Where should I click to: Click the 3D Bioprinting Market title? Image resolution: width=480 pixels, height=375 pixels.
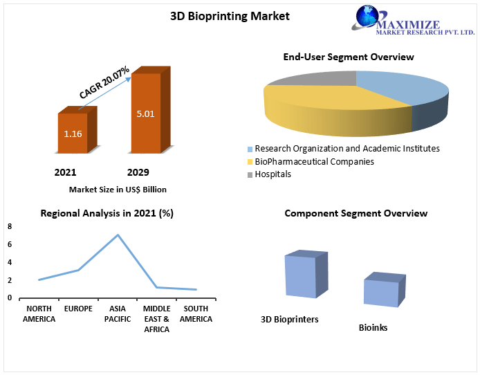tap(230, 16)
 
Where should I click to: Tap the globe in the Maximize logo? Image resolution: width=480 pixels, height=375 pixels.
tap(367, 16)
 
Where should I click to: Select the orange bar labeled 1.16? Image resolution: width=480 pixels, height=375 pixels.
tap(77, 129)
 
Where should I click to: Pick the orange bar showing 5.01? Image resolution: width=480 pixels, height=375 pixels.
tap(151, 110)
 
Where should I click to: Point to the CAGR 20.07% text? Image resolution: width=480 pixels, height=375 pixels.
tap(104, 82)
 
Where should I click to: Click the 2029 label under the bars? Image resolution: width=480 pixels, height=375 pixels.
tap(138, 172)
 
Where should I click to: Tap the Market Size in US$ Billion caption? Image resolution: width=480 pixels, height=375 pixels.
tap(118, 190)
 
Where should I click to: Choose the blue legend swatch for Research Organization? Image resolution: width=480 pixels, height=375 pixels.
tap(250, 149)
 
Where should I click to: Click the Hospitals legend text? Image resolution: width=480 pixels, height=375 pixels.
tap(273, 174)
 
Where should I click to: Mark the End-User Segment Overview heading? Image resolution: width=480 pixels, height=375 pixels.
tap(349, 57)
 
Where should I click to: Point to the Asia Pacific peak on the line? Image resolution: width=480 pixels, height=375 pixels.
tap(118, 235)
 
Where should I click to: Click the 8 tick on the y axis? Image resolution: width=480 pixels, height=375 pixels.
tap(10, 226)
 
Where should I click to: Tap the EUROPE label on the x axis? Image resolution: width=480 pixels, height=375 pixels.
tap(78, 309)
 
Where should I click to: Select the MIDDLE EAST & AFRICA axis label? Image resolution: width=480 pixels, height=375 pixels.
tap(156, 319)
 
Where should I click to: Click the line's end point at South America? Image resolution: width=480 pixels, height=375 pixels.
tap(196, 290)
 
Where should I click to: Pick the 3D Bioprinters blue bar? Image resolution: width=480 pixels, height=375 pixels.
tap(306, 274)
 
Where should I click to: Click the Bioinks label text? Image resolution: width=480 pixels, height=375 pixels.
tap(373, 327)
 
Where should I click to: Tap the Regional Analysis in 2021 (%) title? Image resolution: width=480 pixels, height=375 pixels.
tap(107, 213)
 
